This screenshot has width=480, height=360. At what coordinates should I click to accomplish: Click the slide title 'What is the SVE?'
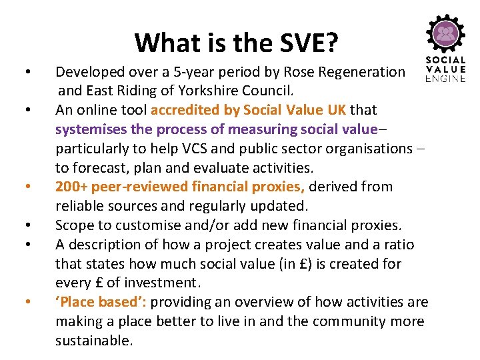[236, 43]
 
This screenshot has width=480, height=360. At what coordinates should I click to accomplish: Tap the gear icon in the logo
[445, 33]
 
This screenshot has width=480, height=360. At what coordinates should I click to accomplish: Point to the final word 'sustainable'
[93, 341]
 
